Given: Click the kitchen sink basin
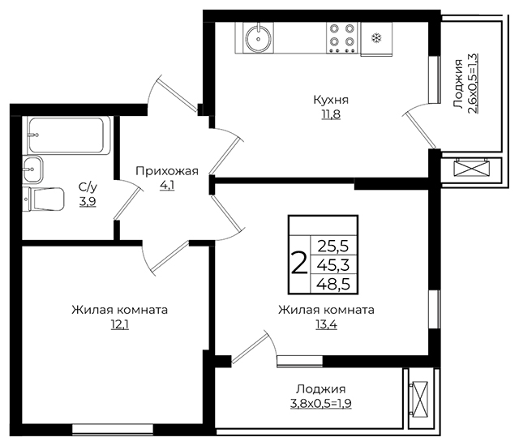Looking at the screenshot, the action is click(x=258, y=38).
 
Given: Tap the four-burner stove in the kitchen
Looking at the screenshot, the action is click(x=342, y=37).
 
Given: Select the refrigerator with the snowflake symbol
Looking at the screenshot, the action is click(x=376, y=39).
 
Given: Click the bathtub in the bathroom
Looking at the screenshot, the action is click(x=68, y=135).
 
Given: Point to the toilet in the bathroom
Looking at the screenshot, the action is click(x=43, y=199).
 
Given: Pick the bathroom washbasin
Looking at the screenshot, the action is click(x=32, y=169).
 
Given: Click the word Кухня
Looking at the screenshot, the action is click(x=331, y=100).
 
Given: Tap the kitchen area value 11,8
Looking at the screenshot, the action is click(x=331, y=114).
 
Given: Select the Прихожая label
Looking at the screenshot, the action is click(x=167, y=171).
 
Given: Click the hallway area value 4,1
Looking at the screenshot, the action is click(x=167, y=186).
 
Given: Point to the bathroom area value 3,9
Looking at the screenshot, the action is click(x=88, y=201).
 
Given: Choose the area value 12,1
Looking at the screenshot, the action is click(x=119, y=325).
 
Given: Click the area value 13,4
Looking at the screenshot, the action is click(x=326, y=325).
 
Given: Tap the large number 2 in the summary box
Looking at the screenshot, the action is click(x=299, y=264).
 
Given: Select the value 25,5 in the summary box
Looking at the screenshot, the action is click(x=333, y=247).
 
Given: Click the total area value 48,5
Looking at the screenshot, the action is click(x=333, y=284).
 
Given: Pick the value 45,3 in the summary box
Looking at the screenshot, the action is click(x=333, y=265).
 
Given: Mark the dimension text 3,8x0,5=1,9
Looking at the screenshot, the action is click(x=321, y=404).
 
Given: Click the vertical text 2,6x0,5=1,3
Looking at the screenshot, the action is click(x=474, y=84).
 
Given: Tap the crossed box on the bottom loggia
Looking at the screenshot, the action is click(x=418, y=400).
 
